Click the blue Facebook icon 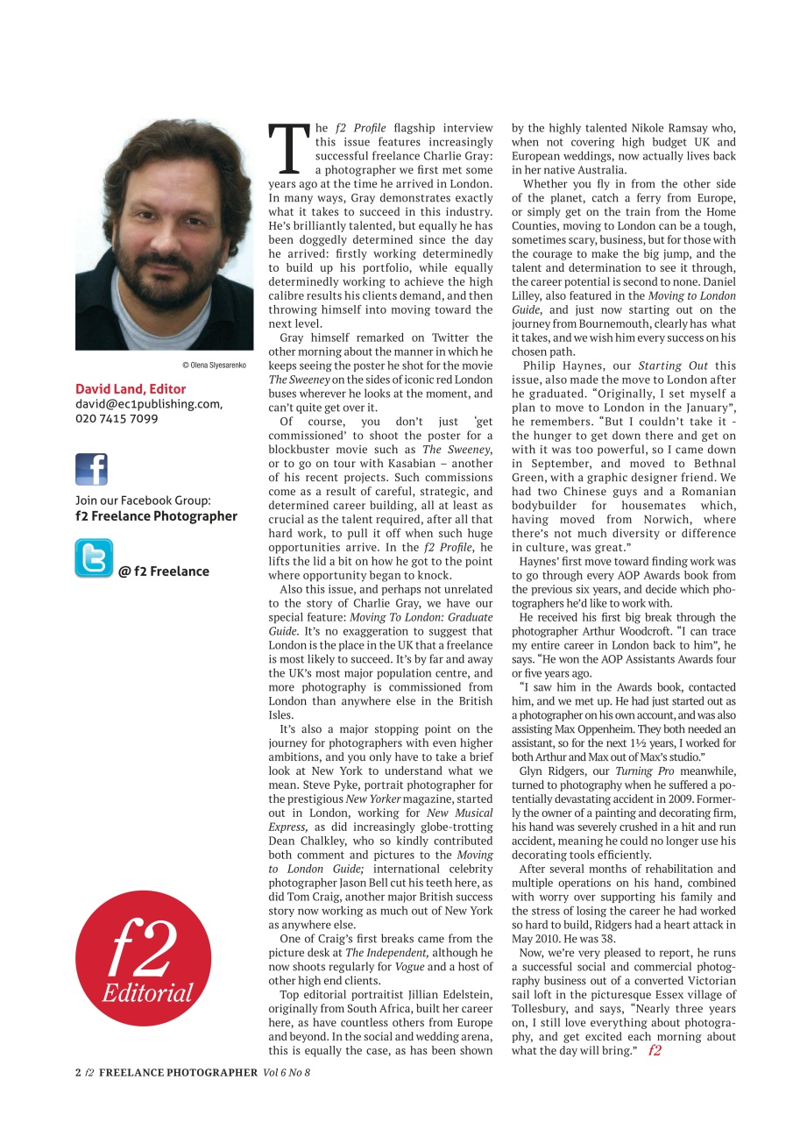(x=92, y=469)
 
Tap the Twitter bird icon (x=93, y=558)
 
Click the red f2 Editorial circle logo (x=144, y=957)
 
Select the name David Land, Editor (x=131, y=388)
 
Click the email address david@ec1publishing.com (x=149, y=404)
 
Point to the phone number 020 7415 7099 (x=117, y=419)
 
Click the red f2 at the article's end (x=655, y=1051)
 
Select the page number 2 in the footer (x=78, y=1072)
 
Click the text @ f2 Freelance (x=164, y=572)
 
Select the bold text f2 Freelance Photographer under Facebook (x=156, y=516)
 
